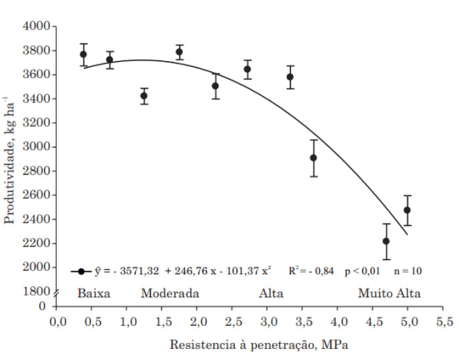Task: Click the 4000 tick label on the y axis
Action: point(36,26)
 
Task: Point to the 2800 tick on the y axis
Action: point(36,171)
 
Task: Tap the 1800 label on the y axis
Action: point(36,291)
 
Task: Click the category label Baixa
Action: point(94,292)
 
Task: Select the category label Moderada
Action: point(170,292)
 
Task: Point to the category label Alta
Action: point(271,292)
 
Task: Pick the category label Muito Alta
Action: point(389,292)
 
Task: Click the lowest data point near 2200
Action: point(386,241)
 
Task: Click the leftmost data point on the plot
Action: point(83,54)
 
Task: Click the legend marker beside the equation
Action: point(81,270)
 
